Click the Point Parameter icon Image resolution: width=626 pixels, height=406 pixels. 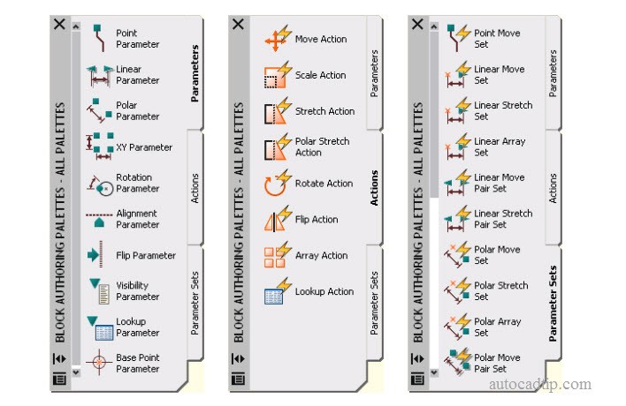[99, 38]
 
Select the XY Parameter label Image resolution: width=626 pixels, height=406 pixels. [144, 147]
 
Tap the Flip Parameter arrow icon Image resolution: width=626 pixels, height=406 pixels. [95, 254]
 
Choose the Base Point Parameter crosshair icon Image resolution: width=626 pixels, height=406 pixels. [99, 362]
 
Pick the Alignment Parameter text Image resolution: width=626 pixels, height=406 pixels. [137, 219]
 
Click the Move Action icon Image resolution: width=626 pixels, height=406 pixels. [278, 39]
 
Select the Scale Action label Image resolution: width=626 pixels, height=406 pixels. [321, 75]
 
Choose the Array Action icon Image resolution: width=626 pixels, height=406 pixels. [277, 255]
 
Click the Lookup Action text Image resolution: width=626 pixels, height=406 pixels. [324, 291]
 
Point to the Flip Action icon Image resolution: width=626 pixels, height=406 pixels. [277, 219]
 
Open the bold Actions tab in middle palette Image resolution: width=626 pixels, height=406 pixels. [374, 188]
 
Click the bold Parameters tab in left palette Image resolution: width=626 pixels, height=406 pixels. [195, 73]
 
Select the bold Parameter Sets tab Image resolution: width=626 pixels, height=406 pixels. [553, 304]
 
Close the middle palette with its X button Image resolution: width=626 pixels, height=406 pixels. [238, 25]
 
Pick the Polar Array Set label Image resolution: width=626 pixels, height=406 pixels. [498, 327]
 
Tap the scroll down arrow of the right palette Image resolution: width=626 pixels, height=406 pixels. [434, 373]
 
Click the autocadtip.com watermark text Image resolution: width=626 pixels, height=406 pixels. [539, 385]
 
